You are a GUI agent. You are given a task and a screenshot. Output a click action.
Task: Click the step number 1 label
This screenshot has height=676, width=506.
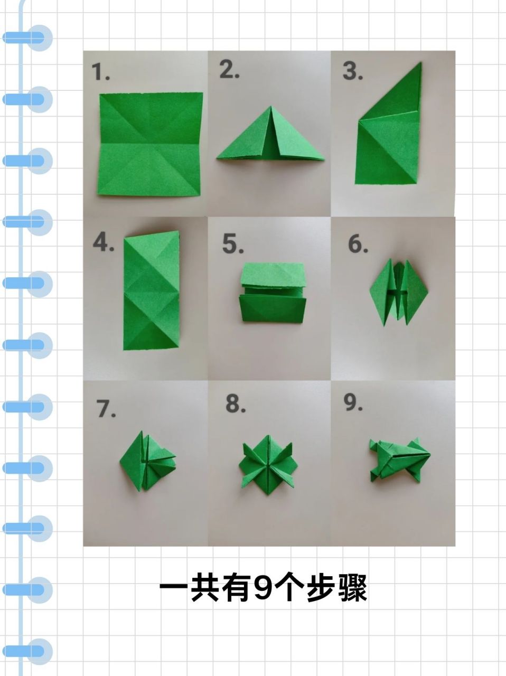[x=100, y=72]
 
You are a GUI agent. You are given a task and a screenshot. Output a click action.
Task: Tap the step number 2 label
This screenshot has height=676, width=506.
[x=229, y=70]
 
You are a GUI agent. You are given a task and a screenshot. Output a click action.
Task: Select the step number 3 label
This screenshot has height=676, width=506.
[x=353, y=71]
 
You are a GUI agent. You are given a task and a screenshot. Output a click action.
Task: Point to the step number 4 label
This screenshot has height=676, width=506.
[x=103, y=242]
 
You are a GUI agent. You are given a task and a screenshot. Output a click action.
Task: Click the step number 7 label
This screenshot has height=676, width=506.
[x=106, y=408]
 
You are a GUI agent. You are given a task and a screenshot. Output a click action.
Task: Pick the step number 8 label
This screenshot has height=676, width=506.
[x=236, y=404]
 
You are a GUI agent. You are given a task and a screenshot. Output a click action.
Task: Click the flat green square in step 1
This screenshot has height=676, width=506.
[x=151, y=144]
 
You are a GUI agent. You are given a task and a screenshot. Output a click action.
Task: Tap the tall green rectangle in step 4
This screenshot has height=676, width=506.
[x=151, y=290]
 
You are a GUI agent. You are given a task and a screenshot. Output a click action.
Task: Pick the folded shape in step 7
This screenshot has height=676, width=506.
[x=147, y=459]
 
